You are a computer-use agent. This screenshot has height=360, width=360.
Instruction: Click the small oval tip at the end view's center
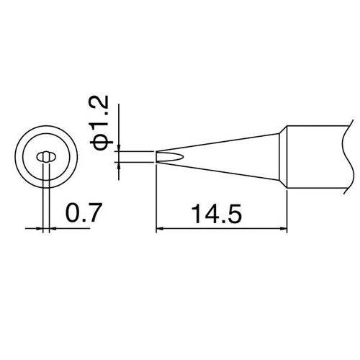click(45, 156)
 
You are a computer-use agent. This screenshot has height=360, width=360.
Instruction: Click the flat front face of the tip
click(157, 156)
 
